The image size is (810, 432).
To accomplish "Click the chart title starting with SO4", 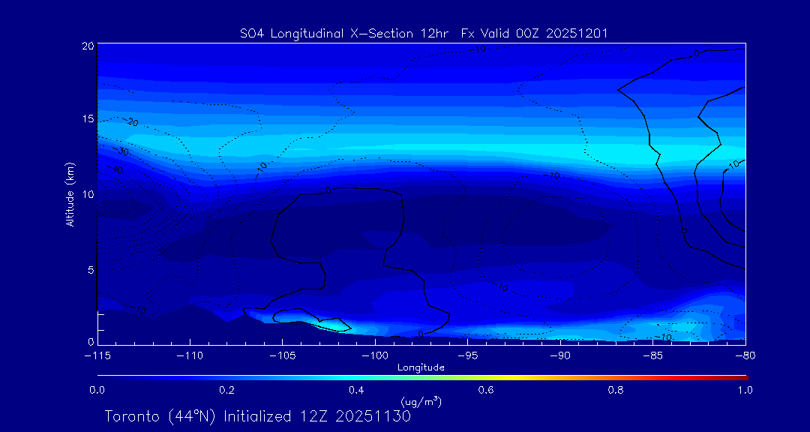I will [x=424, y=33].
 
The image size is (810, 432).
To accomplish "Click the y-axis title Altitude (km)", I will [x=70, y=194].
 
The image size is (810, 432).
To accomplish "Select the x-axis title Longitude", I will [x=421, y=367].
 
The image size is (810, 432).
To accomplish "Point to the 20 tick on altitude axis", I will [x=88, y=46].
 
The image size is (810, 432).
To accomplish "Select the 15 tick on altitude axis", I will [x=88, y=120].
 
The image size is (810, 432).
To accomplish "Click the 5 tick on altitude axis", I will [x=90, y=269].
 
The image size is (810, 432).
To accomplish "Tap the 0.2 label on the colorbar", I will [x=226, y=390].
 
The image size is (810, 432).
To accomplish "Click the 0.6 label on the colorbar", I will [x=486, y=390].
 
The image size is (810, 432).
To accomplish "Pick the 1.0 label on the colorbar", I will [x=745, y=390].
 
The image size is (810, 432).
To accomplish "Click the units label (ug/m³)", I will [x=421, y=402].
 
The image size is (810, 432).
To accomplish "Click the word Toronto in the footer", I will [x=132, y=416].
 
